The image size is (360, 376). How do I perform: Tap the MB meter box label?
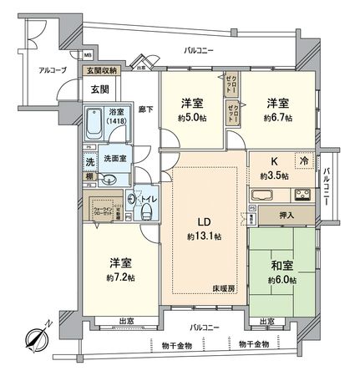88,55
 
